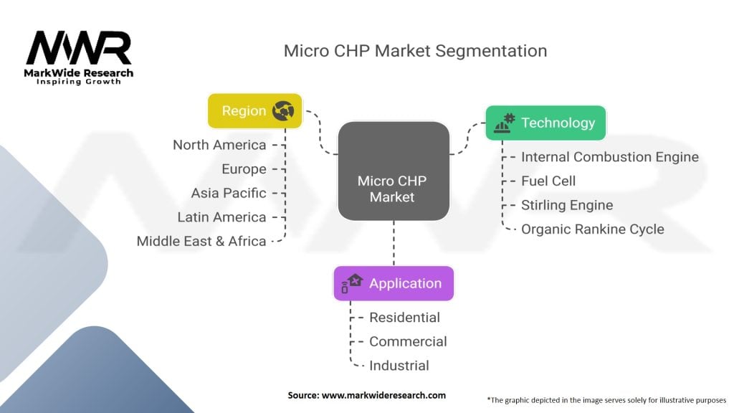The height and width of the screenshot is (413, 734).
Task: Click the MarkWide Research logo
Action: click(x=79, y=57)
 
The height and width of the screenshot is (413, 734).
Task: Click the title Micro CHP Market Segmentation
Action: click(x=415, y=51)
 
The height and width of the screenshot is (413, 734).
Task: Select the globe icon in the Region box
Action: click(x=284, y=111)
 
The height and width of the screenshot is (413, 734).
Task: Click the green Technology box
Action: click(x=545, y=123)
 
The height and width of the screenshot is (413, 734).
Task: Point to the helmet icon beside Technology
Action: click(x=505, y=123)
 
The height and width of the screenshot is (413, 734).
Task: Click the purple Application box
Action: click(x=394, y=283)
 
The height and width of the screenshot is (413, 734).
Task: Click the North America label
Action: click(x=219, y=145)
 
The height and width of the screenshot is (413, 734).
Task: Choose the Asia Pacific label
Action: click(x=229, y=193)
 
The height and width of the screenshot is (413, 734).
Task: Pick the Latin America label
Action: click(x=221, y=217)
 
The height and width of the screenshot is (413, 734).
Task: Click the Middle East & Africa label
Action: click(x=201, y=241)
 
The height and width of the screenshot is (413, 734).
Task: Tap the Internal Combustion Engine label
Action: click(x=609, y=157)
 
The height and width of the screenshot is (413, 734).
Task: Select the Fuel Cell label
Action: click(x=548, y=181)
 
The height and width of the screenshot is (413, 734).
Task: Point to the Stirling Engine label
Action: click(x=567, y=205)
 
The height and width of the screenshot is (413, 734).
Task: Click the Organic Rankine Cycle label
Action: click(x=592, y=229)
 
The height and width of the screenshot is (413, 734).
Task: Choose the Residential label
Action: click(x=404, y=317)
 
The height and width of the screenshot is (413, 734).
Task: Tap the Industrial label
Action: click(x=399, y=365)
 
